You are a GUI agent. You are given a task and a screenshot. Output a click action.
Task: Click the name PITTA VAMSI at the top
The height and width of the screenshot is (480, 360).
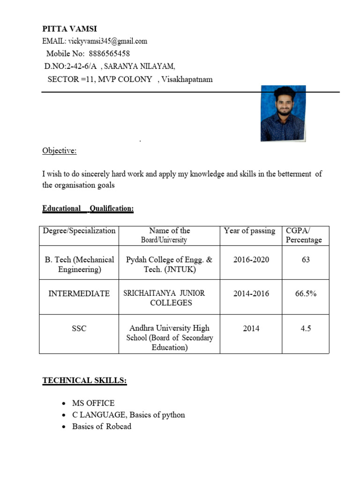click(x=69, y=29)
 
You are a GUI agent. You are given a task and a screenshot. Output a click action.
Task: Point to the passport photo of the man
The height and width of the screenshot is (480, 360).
click(x=283, y=113)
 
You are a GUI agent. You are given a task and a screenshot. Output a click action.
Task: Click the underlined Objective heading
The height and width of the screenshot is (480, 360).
click(x=60, y=150)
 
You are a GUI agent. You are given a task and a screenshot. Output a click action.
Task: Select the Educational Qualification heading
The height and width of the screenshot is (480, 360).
click(x=88, y=209)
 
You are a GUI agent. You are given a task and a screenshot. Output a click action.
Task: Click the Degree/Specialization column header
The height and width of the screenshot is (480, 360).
click(x=79, y=231)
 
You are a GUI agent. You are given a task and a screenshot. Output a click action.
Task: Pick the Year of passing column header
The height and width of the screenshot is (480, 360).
click(x=249, y=231)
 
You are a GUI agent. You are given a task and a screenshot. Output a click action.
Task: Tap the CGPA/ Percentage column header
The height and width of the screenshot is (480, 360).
click(x=304, y=235)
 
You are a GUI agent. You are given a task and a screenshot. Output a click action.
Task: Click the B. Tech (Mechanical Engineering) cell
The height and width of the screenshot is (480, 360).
click(x=79, y=264)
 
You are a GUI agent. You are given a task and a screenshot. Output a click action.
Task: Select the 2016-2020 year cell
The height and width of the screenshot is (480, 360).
click(x=251, y=260)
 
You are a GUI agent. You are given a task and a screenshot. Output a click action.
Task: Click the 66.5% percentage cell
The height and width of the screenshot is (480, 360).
click(x=306, y=293)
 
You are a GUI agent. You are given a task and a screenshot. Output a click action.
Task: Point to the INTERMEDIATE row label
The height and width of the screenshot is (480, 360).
click(x=79, y=293)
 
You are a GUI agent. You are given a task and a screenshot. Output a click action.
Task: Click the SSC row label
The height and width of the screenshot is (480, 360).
click(x=79, y=329)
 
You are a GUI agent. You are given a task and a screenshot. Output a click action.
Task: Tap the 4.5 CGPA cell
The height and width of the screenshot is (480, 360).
click(x=306, y=329)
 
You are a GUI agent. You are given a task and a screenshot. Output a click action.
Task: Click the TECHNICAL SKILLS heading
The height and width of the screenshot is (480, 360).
click(x=84, y=381)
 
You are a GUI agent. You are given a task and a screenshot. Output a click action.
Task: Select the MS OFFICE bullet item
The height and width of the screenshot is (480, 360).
click(x=93, y=403)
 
